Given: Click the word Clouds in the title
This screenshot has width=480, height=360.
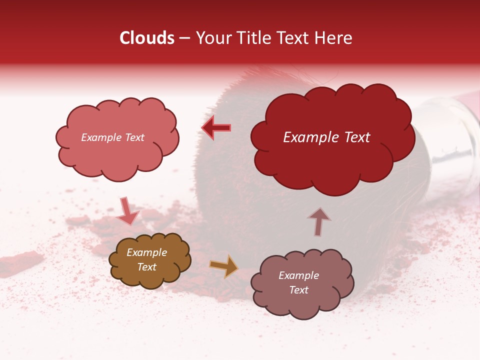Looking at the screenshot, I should pyautogui.click(x=147, y=38).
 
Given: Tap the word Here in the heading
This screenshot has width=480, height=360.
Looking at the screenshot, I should pyautogui.click(x=334, y=38).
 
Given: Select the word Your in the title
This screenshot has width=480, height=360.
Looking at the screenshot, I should pyautogui.click(x=212, y=38).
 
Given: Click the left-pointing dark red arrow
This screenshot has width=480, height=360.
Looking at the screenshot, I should pyautogui.click(x=216, y=128).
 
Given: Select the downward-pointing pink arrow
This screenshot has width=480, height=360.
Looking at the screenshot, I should pyautogui.click(x=127, y=211).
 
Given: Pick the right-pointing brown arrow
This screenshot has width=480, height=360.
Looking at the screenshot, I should pyautogui.click(x=223, y=266).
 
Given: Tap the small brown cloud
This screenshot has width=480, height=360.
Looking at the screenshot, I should pyautogui.click(x=150, y=260).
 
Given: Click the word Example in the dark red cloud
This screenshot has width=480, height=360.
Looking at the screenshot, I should pyautogui.click(x=306, y=137).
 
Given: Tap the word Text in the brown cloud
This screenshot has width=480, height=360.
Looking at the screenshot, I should pyautogui.click(x=147, y=267).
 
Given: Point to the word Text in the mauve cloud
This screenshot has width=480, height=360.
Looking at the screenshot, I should pyautogui.click(x=298, y=290).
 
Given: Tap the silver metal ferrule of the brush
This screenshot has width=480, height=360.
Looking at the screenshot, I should pyautogui.click(x=450, y=132).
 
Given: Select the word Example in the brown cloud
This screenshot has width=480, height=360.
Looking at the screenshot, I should pyautogui.click(x=147, y=252).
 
